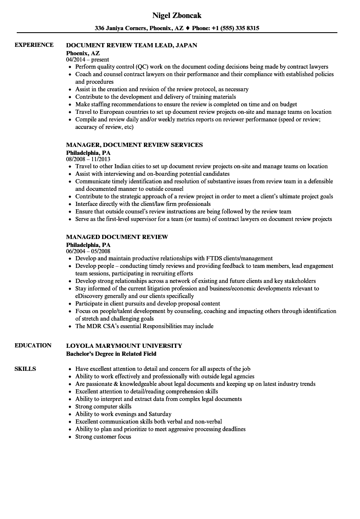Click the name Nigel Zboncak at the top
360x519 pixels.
tap(176, 15)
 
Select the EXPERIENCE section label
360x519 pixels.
tap(34, 45)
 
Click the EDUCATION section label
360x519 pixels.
tap(33, 345)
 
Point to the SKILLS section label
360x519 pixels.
tap(25, 369)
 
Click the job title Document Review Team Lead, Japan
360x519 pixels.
tap(131, 45)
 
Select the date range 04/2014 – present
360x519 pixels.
tap(87, 59)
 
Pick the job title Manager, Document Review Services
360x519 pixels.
tap(134, 145)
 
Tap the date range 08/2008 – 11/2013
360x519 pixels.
tap(88, 159)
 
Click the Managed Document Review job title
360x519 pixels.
tap(117, 237)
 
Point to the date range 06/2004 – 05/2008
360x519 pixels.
tap(88, 251)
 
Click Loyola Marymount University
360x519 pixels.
tap(124, 346)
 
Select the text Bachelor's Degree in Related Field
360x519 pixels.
tap(111, 354)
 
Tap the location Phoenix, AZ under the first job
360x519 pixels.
tap(83, 53)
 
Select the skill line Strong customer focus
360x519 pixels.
tap(103, 437)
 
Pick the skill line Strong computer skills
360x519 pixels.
tap(103, 406)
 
